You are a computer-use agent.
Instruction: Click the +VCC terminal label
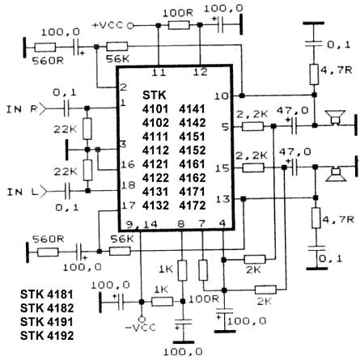pyautogui.click(x=108, y=25)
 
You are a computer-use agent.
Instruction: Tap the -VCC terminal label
pyautogui.click(x=140, y=328)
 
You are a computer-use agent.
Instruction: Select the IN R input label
pyautogui.click(x=22, y=109)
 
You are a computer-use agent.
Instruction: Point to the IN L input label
pyautogui.click(x=23, y=192)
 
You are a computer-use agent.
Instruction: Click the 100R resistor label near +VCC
pyautogui.click(x=178, y=13)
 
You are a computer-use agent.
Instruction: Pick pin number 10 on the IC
pyautogui.click(x=221, y=96)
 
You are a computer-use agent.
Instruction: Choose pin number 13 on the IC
pyautogui.click(x=222, y=200)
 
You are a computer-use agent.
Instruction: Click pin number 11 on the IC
pyautogui.click(x=159, y=72)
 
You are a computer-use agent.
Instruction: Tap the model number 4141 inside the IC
pyautogui.click(x=193, y=109)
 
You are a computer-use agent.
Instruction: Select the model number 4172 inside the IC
pyautogui.click(x=193, y=205)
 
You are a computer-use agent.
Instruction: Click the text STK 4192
pyautogui.click(x=47, y=336)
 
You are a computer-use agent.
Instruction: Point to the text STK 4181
pyautogui.click(x=47, y=294)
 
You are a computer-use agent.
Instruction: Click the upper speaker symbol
pyautogui.click(x=335, y=117)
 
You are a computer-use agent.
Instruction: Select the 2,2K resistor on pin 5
pyautogui.click(x=252, y=126)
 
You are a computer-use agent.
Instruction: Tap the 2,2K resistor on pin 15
pyautogui.click(x=253, y=167)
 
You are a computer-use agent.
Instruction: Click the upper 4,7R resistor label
pyautogui.click(x=336, y=70)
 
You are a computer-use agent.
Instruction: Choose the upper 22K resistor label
pyautogui.click(x=65, y=129)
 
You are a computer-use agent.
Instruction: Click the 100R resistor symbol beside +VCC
pyautogui.click(x=179, y=26)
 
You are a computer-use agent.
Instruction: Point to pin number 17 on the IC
pyautogui.click(x=129, y=205)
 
